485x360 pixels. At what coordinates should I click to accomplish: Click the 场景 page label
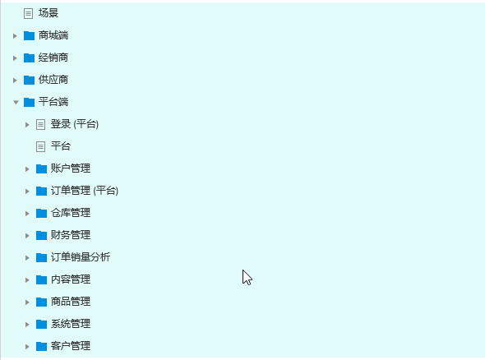pyautogui.click(x=48, y=13)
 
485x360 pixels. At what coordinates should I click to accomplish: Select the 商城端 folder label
pyautogui.click(x=53, y=35)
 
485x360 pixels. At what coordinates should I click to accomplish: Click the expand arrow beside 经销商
pyautogui.click(x=15, y=58)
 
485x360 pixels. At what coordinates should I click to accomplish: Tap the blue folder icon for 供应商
pyautogui.click(x=29, y=80)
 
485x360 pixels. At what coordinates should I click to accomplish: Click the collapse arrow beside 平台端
pyautogui.click(x=16, y=103)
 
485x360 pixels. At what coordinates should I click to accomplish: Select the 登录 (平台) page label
pyautogui.click(x=75, y=124)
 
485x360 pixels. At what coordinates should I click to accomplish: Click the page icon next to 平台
pyautogui.click(x=40, y=146)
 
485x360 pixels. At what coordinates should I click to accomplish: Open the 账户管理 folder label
pyautogui.click(x=71, y=168)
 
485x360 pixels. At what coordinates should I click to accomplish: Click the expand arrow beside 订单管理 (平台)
pyautogui.click(x=27, y=192)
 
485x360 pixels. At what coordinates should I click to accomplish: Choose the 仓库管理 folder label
pyautogui.click(x=71, y=213)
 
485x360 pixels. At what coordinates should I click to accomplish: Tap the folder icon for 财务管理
pyautogui.click(x=41, y=235)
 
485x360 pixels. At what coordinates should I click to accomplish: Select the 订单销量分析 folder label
pyautogui.click(x=81, y=257)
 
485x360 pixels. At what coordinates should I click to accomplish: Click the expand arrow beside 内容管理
pyautogui.click(x=27, y=280)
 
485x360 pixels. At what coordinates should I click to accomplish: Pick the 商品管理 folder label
pyautogui.click(x=71, y=302)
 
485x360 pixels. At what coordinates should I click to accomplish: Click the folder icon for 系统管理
pyautogui.click(x=41, y=324)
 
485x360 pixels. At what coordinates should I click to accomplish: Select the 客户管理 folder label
pyautogui.click(x=71, y=346)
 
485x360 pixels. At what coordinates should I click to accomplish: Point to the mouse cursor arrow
pyautogui.click(x=247, y=277)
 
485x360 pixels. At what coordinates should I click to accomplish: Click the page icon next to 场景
pyautogui.click(x=28, y=14)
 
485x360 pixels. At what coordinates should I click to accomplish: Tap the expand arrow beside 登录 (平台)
pyautogui.click(x=27, y=125)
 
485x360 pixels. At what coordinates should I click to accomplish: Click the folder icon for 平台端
pyautogui.click(x=29, y=102)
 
